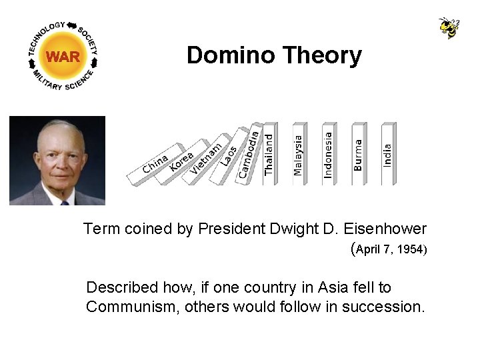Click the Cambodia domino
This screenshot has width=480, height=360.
248,154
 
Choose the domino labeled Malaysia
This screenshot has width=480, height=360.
298,155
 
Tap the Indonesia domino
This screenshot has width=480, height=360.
328,155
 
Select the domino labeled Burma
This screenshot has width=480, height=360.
358,155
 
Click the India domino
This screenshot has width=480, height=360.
387,155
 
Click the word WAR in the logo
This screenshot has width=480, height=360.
63,57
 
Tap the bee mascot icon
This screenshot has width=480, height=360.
449,27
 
